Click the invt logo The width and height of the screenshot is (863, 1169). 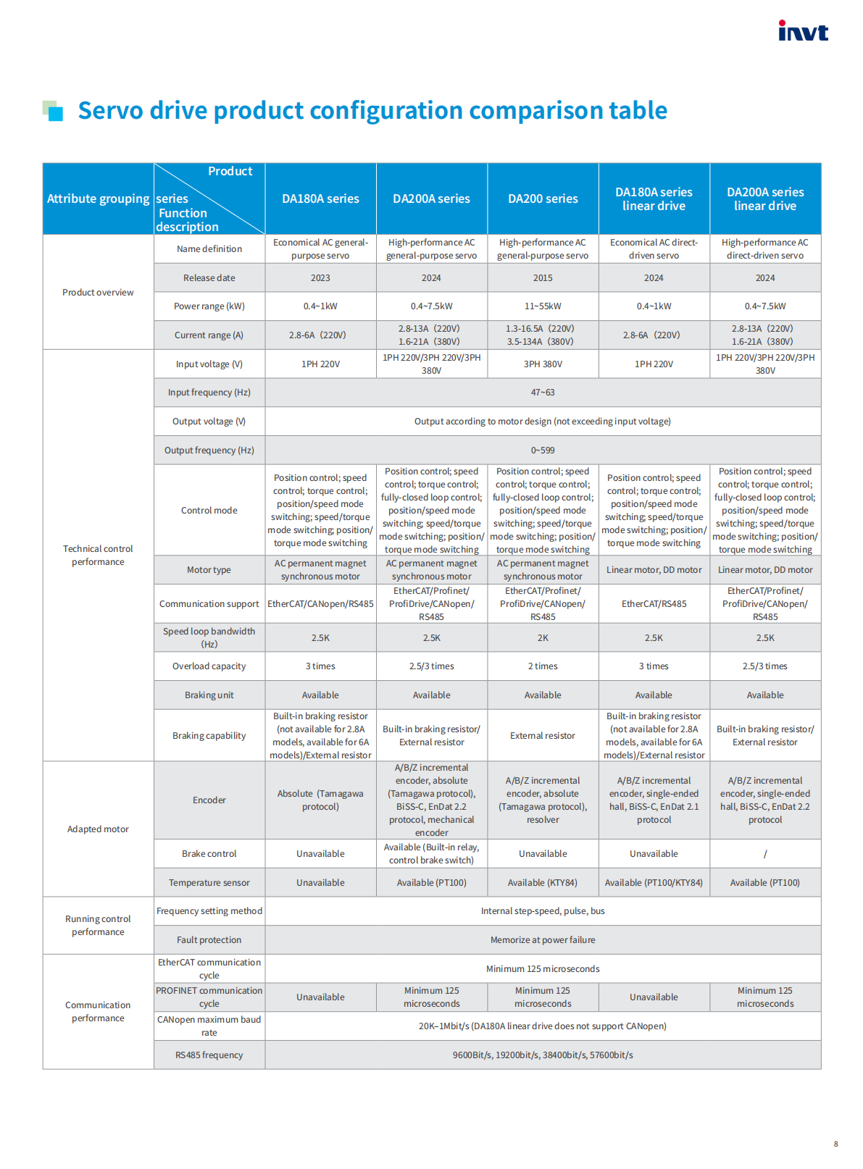point(803,31)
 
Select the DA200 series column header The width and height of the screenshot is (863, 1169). point(543,198)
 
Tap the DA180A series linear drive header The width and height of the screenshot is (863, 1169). point(654,199)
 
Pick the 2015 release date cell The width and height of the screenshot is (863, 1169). point(543,278)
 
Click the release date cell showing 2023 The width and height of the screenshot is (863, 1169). point(320,278)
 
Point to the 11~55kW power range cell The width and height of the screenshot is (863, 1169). point(543,306)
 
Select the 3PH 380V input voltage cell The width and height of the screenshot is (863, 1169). point(543,364)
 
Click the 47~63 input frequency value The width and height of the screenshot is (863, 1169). point(543,393)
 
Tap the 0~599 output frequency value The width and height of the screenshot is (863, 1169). point(543,451)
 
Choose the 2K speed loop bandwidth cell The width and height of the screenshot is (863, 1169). point(543,638)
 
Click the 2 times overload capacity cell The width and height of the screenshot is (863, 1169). point(543,666)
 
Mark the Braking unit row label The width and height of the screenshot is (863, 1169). point(209,695)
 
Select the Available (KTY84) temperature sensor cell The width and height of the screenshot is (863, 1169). point(543,883)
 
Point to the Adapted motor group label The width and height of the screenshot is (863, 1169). point(98,829)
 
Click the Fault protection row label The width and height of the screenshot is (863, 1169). point(209,940)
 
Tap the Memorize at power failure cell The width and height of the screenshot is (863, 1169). point(543,940)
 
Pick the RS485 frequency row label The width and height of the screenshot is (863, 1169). point(209,1055)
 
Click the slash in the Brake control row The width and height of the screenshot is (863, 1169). point(765,854)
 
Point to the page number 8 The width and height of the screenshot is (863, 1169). point(835,1144)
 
